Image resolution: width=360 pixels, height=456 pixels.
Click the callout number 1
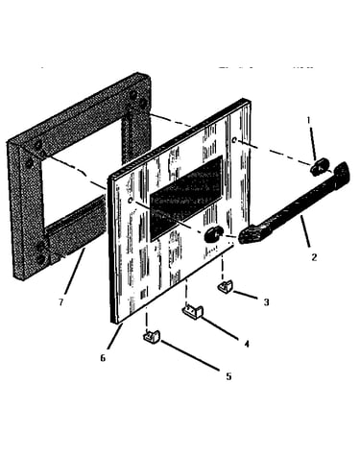tap(308, 120)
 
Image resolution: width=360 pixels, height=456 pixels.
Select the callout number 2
tap(314, 257)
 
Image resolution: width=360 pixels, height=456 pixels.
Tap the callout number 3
tap(266, 302)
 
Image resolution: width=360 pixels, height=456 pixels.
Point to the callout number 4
tap(247, 344)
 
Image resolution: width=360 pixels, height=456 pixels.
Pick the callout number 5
tap(228, 376)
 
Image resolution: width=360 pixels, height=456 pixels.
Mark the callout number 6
tap(103, 358)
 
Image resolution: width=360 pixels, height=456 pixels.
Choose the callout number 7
tap(61, 302)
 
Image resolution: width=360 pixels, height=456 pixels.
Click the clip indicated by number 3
tap(225, 286)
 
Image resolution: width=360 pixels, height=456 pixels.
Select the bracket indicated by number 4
tap(193, 312)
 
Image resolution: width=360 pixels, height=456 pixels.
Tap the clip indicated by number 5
tap(151, 336)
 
